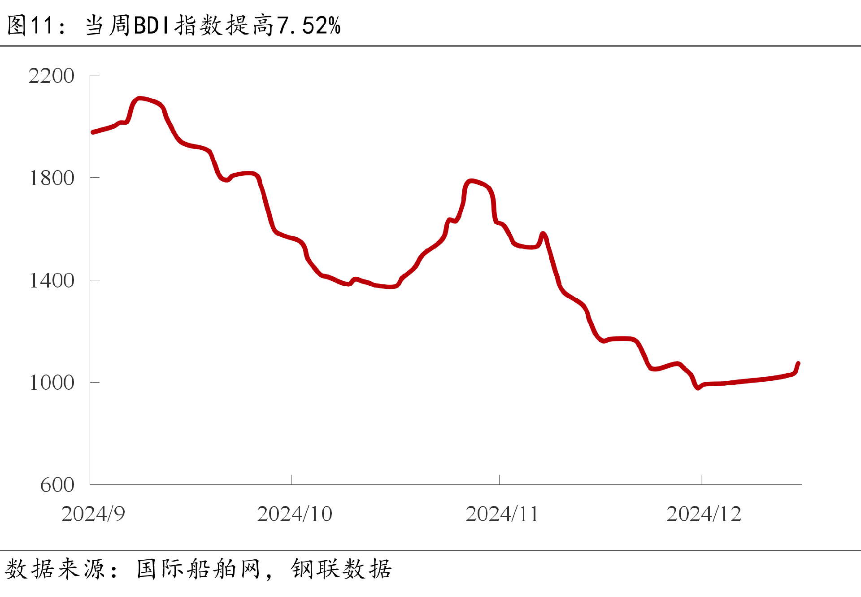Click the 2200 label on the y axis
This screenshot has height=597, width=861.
point(51,76)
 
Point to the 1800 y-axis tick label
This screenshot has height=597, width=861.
point(51,178)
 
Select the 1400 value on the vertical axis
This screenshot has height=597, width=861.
point(51,280)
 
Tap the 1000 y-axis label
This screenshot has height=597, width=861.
point(51,383)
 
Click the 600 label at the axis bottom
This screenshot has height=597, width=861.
point(57,485)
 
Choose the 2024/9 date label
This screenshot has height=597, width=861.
point(93,514)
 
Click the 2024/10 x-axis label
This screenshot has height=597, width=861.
point(294,514)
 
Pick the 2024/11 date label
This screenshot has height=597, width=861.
point(502,514)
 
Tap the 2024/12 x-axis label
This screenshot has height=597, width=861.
point(704,514)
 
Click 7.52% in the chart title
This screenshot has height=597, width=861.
point(309,26)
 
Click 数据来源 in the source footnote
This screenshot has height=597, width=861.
point(55,569)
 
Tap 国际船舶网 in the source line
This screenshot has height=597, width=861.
point(198,569)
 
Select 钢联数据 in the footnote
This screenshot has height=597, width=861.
point(341,569)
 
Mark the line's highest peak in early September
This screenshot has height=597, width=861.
point(139,98)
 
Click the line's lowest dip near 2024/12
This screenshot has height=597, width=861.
point(698,388)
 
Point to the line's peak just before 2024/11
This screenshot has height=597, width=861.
point(471,181)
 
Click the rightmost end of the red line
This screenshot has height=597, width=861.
point(798,363)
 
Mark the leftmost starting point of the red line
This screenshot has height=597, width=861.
point(93,132)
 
